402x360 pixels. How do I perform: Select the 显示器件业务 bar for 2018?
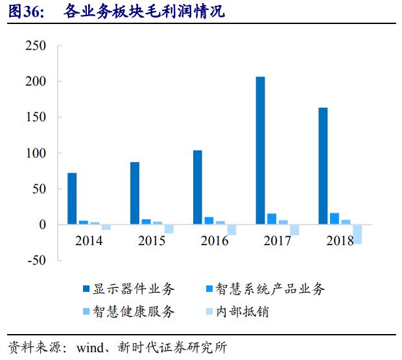[x=323, y=166]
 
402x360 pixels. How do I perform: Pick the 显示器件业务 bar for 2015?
[x=134, y=193]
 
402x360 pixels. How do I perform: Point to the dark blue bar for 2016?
[x=197, y=187]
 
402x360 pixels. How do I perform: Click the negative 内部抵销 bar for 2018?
[x=357, y=234]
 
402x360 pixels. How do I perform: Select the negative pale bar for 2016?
[x=231, y=230]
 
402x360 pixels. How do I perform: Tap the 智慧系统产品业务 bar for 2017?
[x=272, y=219]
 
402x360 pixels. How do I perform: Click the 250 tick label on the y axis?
[x=35, y=46]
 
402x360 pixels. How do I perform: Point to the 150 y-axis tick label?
[x=35, y=117]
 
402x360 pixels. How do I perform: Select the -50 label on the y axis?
[x=34, y=260]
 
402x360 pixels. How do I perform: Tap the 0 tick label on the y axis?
[x=42, y=224]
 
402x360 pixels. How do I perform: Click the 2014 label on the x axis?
[x=88, y=241]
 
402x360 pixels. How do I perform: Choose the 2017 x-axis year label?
[x=278, y=241]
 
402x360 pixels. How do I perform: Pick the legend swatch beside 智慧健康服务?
[x=86, y=312]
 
